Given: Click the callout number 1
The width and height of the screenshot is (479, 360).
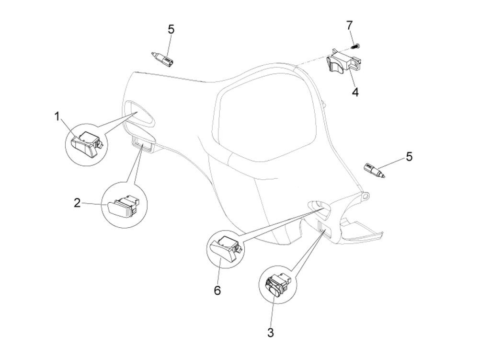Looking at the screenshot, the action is (57, 116).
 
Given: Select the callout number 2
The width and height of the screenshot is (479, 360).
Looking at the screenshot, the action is (78, 203).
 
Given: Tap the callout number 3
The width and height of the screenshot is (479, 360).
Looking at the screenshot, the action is (270, 333).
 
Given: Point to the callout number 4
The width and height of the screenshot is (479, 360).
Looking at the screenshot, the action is (355, 92).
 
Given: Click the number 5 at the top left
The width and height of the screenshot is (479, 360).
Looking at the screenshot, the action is (171, 29).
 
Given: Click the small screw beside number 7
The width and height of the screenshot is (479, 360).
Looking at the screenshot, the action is (356, 46).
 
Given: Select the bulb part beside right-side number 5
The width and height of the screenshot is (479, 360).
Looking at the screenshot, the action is (374, 171).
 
